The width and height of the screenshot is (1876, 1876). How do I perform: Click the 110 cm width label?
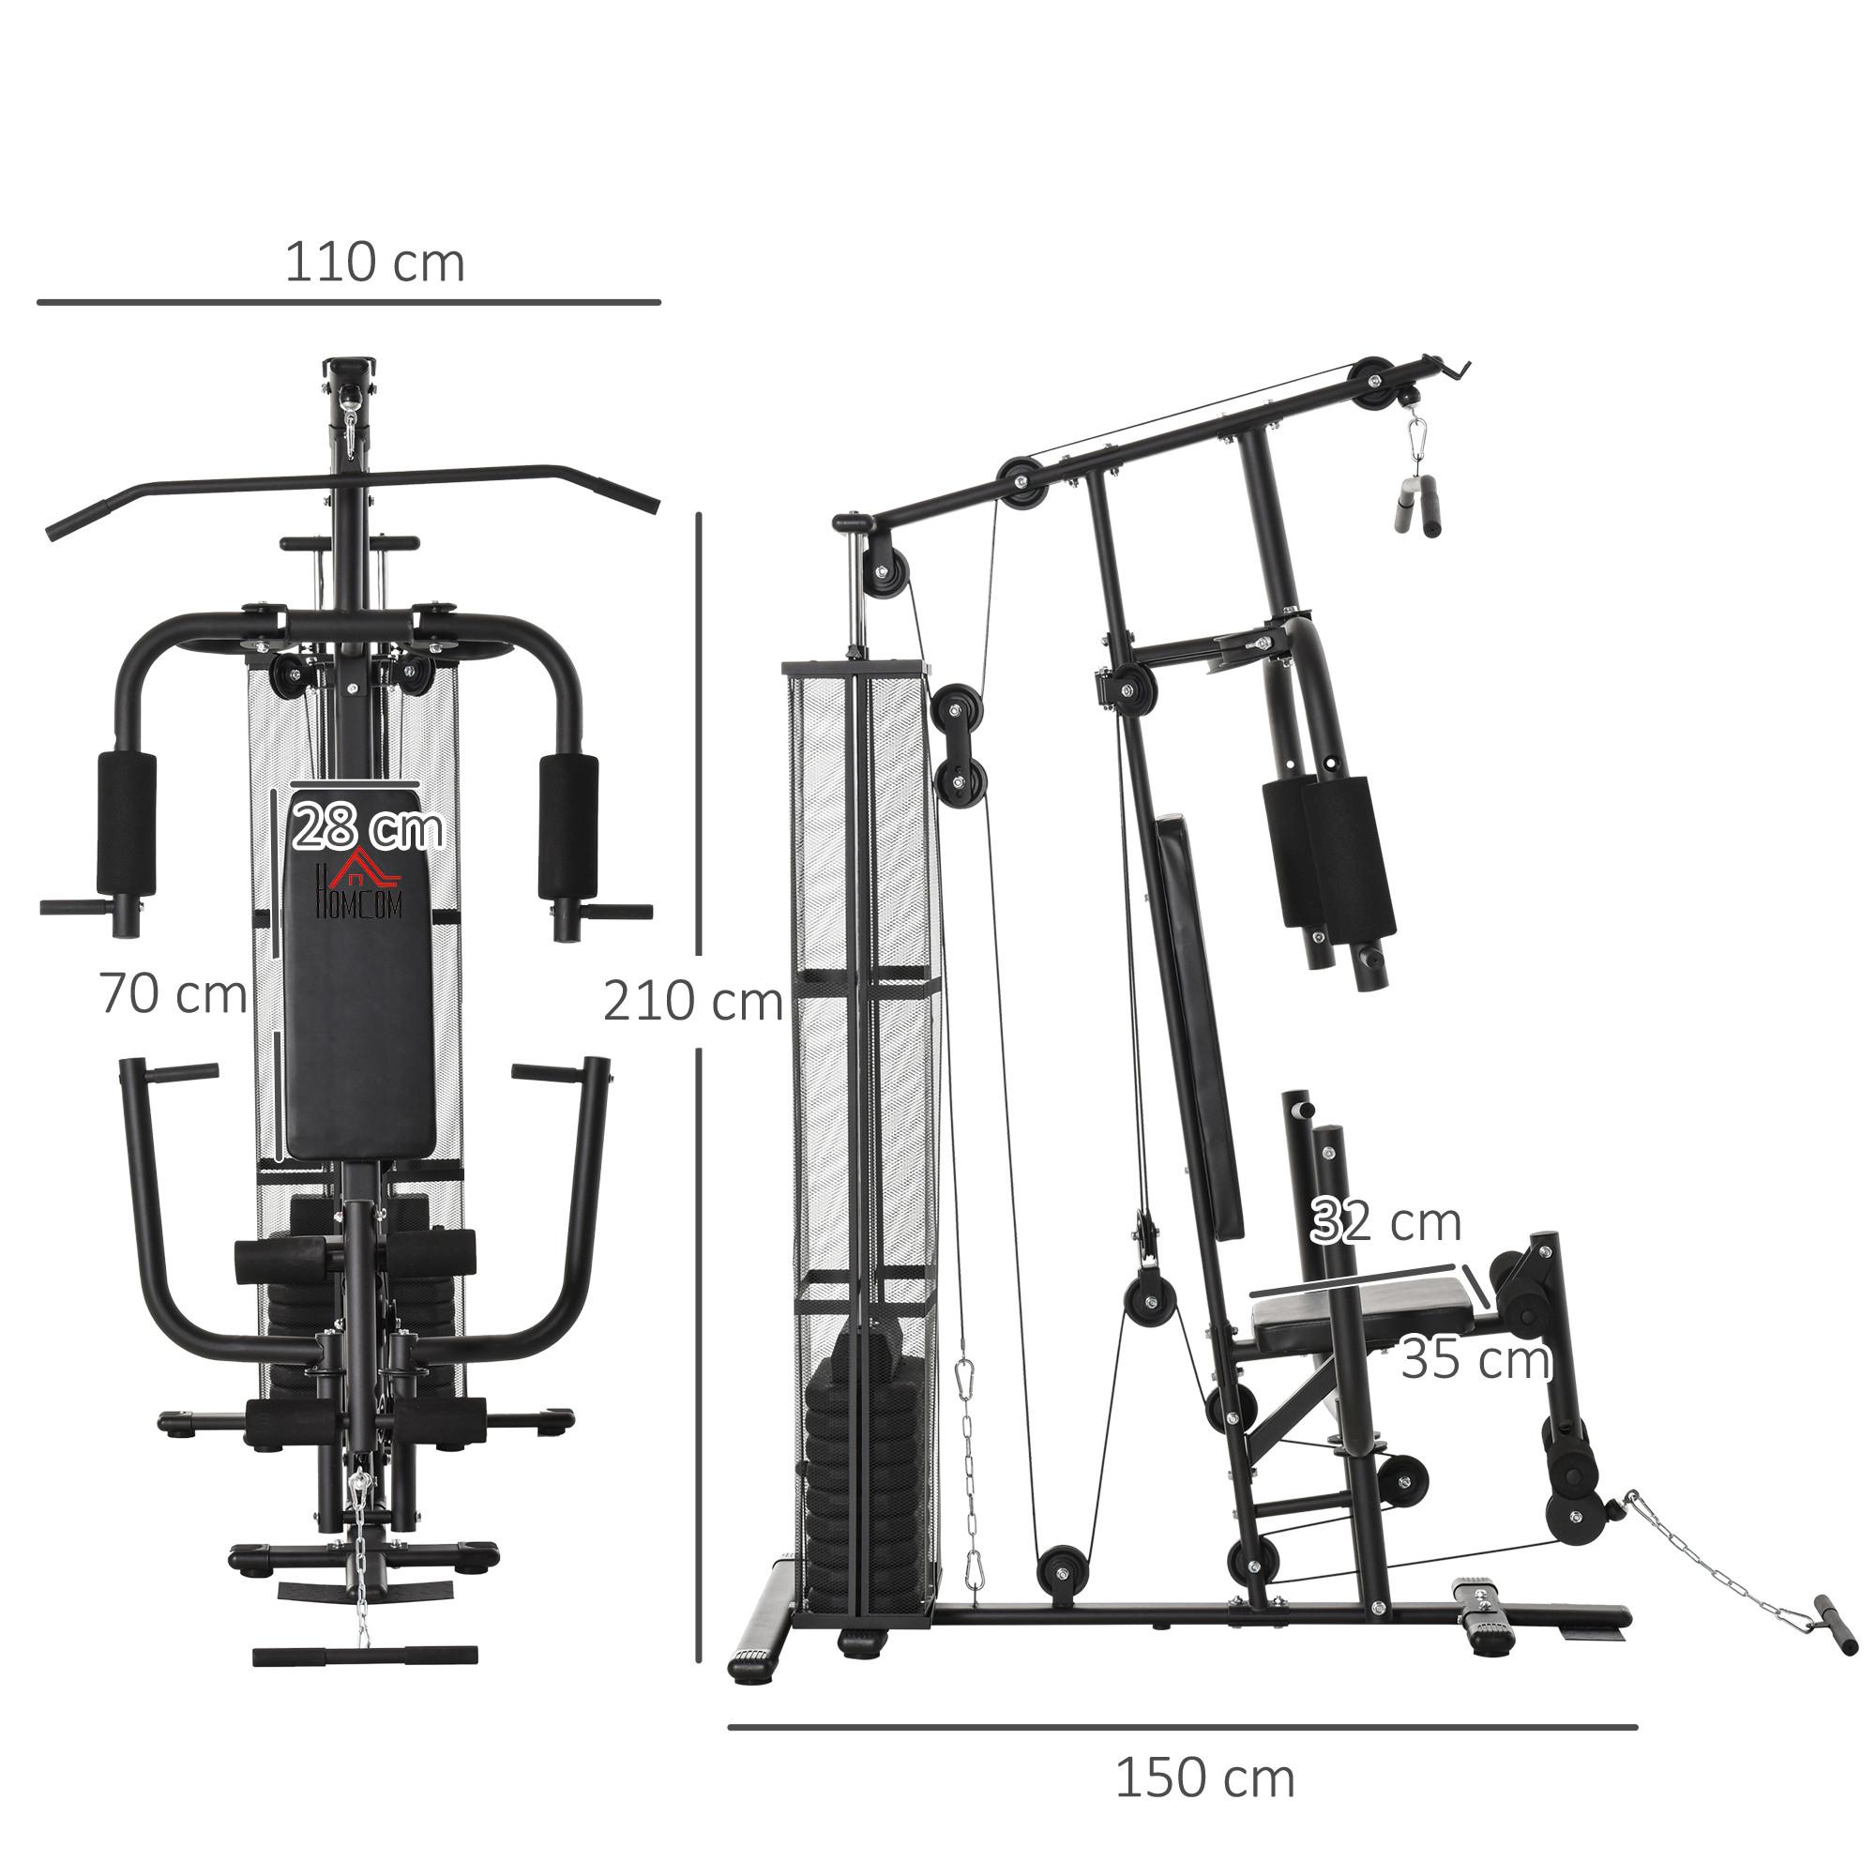(x=374, y=265)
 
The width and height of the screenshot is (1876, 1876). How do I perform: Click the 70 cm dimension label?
(x=173, y=994)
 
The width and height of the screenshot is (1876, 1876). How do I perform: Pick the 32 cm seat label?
(x=1385, y=1221)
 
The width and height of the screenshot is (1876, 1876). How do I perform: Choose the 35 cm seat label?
(x=1475, y=1359)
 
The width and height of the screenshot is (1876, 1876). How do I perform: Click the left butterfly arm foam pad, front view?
(x=127, y=824)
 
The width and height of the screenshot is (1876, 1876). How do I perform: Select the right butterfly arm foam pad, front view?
(x=569, y=827)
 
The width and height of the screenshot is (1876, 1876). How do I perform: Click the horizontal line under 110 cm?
(x=349, y=303)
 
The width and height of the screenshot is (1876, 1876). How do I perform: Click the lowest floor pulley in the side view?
(x=1061, y=1578)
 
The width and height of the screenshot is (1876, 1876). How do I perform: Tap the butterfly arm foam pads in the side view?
(x=1328, y=851)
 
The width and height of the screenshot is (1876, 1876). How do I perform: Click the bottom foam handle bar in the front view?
(x=365, y=1655)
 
